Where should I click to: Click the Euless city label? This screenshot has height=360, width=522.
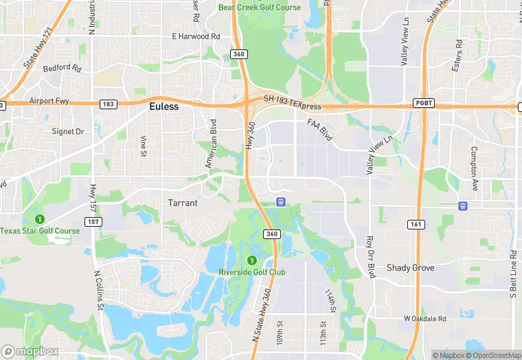164,106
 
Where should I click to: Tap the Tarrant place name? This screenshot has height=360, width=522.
183,203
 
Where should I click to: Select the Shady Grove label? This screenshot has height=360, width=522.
410,267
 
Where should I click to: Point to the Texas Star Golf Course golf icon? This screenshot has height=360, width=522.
40,218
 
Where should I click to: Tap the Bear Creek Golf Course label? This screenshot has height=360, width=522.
260,8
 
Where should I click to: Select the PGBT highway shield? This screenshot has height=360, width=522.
423,103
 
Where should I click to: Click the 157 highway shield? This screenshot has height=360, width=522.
93,221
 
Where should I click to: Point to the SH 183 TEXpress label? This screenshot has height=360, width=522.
292,99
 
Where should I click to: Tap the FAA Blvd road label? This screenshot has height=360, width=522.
320,130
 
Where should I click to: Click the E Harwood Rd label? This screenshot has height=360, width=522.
196,36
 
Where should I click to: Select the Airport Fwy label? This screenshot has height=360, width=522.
49,101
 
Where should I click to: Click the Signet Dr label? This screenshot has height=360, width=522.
68,131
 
